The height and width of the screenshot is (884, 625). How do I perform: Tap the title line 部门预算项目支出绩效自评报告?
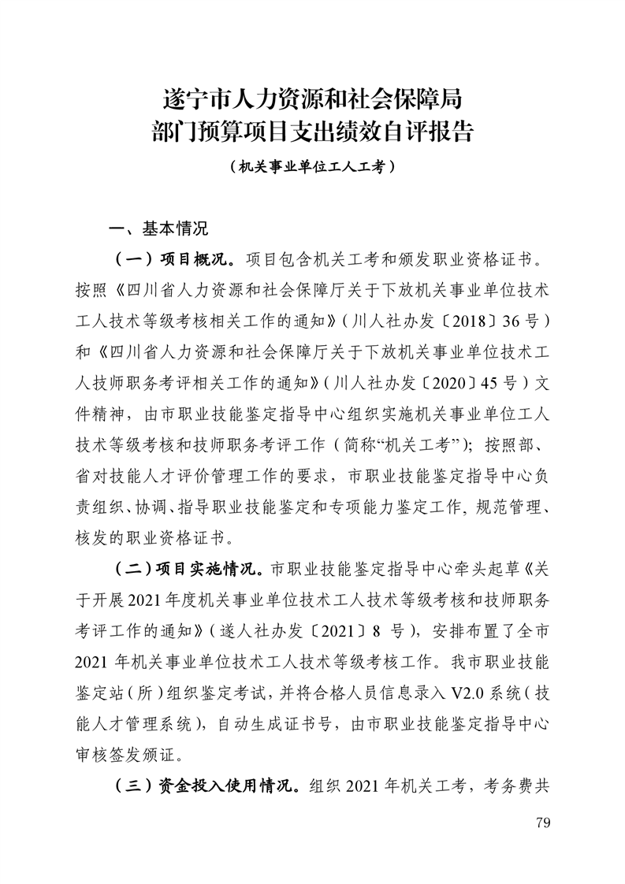pyautogui.click(x=312, y=131)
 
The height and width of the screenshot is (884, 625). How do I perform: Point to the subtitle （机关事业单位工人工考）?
pyautogui.click(x=312, y=167)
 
